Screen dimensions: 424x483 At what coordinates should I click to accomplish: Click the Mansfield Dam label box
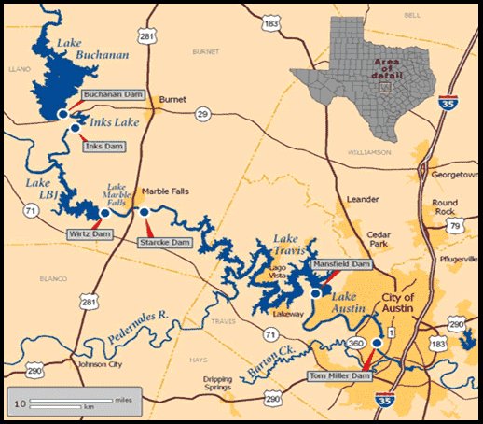pos(342,265)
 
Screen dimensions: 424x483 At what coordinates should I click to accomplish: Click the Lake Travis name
pos(290,245)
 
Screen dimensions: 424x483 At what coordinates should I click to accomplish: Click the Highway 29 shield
pos(202,113)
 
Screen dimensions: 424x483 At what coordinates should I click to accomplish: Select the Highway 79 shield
pos(455,227)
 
